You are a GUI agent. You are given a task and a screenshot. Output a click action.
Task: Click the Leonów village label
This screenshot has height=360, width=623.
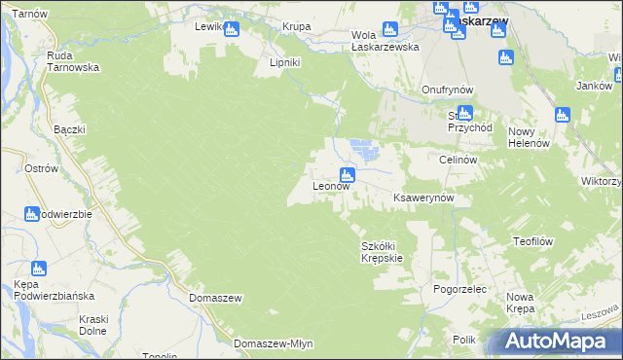pos(330,186)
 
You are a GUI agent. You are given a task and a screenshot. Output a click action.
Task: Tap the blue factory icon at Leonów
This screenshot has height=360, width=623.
pos(348,175)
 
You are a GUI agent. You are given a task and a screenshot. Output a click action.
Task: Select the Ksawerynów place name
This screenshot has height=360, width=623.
pos(423,198)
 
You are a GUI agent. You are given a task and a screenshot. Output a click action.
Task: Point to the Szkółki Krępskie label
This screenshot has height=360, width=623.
pos(382,252)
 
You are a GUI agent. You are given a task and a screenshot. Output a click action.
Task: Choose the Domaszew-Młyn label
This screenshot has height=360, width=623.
pos(272,343)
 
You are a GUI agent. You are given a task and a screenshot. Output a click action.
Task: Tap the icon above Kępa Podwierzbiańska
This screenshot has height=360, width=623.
pos(39,269)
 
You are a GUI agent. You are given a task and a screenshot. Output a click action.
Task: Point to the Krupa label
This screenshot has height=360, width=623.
pos(296,26)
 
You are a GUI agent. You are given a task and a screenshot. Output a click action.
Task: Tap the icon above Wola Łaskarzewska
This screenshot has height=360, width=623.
pos(389,29)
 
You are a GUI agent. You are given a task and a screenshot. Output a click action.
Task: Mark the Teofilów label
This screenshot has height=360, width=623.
pos(533,240)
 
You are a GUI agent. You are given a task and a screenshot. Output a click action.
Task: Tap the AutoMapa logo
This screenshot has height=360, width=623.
pos(560,342)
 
